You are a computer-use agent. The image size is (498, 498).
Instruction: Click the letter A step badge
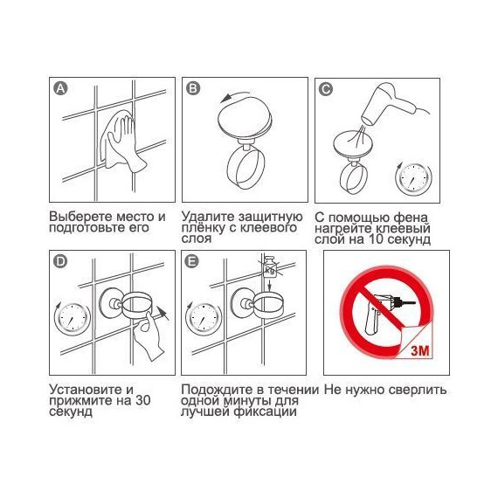60,88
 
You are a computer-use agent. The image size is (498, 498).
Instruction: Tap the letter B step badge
193,88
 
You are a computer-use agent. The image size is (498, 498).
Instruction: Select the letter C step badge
326,89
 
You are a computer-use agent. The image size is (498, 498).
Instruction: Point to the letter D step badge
60,262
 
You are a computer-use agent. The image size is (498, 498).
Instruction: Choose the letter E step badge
192,262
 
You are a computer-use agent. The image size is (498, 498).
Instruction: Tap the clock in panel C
413,178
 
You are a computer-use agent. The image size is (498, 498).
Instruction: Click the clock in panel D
73,318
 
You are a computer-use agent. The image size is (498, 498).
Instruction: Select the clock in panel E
204,318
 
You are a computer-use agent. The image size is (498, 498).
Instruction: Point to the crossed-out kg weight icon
269,266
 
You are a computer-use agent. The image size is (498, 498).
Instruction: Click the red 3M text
420,350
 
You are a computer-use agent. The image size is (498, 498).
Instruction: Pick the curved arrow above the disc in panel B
234,95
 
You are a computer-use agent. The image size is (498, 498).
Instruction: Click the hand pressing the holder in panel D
149,336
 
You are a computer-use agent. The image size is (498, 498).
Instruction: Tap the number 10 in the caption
376,239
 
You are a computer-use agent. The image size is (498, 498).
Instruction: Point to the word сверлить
418,390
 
